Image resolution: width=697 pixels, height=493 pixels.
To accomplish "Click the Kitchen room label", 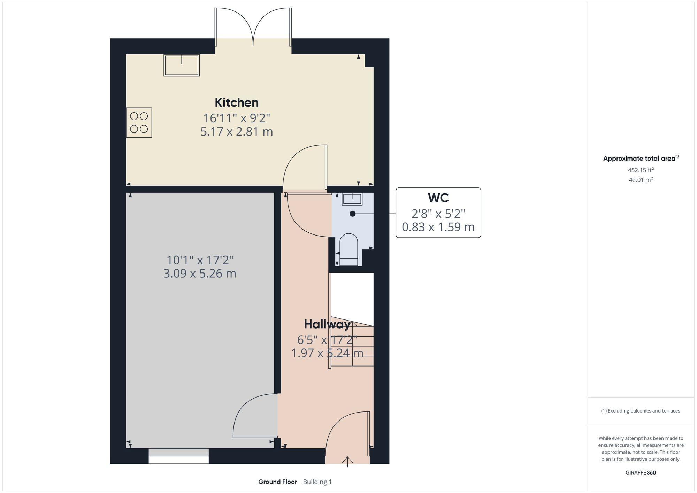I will (237, 102).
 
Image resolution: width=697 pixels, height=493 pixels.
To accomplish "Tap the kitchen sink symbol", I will (182, 65).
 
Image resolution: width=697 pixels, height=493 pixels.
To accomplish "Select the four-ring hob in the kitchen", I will (139, 122).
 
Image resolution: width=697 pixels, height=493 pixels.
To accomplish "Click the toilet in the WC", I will (348, 249).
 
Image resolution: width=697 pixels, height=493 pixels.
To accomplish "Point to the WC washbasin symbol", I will (352, 199).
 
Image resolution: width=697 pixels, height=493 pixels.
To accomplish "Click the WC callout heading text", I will (438, 198).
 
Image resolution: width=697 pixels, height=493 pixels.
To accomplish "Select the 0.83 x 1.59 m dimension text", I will (438, 227).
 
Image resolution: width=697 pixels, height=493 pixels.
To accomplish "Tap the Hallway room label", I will (327, 324).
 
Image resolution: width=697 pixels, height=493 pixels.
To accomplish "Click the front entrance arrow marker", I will (347, 461).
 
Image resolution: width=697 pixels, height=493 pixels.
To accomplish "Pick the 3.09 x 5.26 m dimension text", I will (200, 274).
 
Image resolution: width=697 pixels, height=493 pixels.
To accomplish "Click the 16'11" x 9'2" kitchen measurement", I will (237, 118).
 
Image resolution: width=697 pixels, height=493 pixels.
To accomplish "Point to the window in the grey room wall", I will (178, 456).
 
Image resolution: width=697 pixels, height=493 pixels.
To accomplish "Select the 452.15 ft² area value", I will (641, 170).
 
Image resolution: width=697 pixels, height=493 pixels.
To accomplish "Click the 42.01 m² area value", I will (641, 180).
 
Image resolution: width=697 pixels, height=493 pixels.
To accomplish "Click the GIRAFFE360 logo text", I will (641, 473).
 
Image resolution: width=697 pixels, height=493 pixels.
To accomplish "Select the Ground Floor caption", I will (277, 482).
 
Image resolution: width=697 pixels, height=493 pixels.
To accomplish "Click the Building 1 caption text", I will (317, 482).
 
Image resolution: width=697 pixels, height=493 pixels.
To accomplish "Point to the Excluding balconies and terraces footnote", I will (641, 411).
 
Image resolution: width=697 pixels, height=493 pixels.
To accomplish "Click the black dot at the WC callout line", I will (353, 214).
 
